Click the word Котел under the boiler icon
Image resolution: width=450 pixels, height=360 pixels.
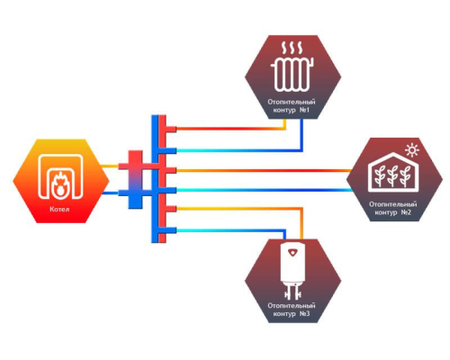point(59,209)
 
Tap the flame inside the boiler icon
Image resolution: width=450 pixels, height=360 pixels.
point(58,185)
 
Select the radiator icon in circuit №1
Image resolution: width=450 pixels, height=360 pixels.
point(292,74)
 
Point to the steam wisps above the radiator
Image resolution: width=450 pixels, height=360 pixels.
point(292,48)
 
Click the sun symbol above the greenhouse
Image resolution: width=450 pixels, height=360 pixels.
point(411,150)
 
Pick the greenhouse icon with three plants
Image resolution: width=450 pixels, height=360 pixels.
point(393,172)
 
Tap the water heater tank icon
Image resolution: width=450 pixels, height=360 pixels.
point(292,271)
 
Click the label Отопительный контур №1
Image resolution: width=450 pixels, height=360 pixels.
point(292,106)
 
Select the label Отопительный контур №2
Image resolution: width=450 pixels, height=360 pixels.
point(393,208)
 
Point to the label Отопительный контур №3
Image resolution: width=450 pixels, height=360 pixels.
point(292,310)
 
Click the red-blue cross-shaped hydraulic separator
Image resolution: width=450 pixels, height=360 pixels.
point(135,179)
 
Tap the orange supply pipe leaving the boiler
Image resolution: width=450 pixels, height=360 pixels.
point(110,166)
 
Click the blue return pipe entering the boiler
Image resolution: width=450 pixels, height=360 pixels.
point(111,193)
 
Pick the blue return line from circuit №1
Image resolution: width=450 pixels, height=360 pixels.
point(238,150)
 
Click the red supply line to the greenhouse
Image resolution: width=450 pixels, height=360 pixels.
point(264,170)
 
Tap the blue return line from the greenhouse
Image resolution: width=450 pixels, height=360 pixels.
point(264,190)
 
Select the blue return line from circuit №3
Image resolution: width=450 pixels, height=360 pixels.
point(230,230)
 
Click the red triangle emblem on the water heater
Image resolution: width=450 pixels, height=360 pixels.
point(292,252)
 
